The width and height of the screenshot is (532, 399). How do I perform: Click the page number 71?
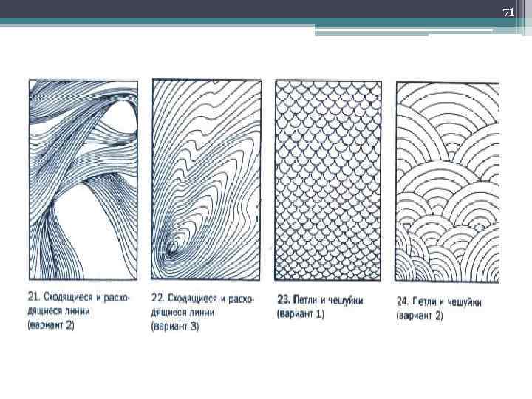[508, 13]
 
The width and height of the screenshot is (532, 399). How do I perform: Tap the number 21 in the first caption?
[33, 297]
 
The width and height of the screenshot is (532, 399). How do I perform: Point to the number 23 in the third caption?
[283, 300]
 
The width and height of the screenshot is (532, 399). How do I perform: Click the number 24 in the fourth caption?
[403, 301]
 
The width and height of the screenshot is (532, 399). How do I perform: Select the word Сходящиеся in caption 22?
[192, 299]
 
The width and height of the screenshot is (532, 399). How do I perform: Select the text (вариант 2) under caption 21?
[51, 325]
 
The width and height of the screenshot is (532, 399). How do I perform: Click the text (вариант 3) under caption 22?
[175, 327]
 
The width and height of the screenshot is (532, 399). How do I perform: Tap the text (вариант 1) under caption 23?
[301, 314]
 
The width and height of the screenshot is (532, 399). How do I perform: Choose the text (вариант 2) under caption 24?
[420, 316]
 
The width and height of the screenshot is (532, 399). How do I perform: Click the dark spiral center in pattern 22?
[170, 250]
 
